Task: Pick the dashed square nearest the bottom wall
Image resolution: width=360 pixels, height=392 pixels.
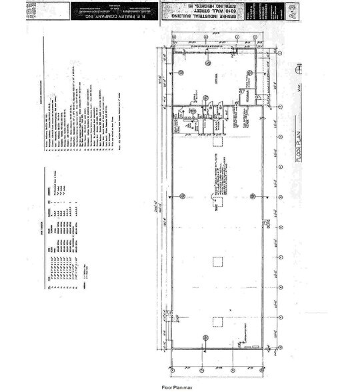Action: (x=216, y=322)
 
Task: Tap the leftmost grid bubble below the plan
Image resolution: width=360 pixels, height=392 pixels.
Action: (x=173, y=368)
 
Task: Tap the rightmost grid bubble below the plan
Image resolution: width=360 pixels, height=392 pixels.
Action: (x=279, y=368)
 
